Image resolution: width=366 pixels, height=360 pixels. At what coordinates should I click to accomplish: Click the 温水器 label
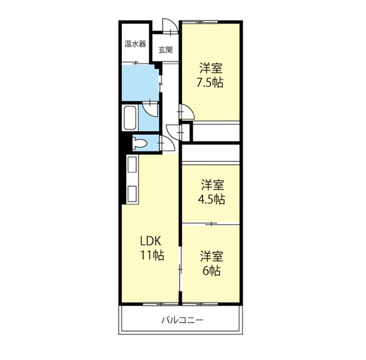[135, 44]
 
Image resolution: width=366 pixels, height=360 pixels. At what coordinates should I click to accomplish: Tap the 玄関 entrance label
[165, 50]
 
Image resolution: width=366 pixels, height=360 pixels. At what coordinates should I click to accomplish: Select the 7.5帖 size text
[210, 83]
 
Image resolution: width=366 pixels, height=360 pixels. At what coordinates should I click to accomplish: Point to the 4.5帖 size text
[212, 199]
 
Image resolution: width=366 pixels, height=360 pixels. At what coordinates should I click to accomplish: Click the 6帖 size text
[212, 271]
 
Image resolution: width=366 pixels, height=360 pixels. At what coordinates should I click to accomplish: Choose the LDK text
[150, 241]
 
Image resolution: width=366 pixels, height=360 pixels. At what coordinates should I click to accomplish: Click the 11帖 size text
[152, 255]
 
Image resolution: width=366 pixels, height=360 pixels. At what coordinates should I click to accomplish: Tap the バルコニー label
[182, 320]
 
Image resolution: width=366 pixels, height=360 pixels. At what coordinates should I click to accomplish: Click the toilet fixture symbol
[140, 143]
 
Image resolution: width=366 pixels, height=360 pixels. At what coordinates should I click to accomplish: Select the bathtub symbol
[130, 118]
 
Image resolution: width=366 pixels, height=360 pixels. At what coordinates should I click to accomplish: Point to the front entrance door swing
[170, 26]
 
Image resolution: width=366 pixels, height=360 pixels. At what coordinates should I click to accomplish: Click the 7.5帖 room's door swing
[186, 112]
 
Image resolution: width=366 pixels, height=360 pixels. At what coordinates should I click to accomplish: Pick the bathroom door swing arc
[150, 109]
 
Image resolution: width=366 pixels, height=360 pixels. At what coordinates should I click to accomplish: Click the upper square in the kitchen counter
[132, 165]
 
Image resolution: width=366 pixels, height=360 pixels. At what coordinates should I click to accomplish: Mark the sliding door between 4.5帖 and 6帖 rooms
[211, 224]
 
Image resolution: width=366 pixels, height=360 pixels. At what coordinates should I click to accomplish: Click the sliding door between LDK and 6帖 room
[180, 270]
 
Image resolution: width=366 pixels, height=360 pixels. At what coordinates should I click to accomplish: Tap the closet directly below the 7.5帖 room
[216, 131]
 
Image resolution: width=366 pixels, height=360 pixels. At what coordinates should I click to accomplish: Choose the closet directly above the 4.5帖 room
[211, 153]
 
